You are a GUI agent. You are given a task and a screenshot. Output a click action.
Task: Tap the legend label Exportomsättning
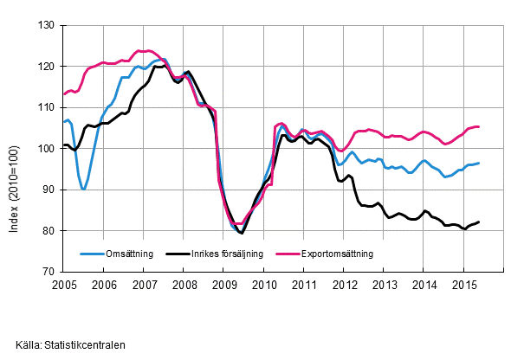[337, 254]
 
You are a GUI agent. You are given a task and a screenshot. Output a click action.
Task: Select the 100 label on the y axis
[47, 148]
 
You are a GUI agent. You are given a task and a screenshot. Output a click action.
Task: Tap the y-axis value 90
[49, 190]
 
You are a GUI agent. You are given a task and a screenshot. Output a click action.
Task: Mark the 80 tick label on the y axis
[49, 230]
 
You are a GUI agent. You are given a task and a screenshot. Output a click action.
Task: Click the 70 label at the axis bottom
[49, 272]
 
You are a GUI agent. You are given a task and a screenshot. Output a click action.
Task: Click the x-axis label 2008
[184, 285]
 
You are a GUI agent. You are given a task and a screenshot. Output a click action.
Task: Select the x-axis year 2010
[264, 285]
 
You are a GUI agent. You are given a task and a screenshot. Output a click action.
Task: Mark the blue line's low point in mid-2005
[84, 189]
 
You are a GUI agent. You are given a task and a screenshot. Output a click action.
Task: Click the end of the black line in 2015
[479, 222]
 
